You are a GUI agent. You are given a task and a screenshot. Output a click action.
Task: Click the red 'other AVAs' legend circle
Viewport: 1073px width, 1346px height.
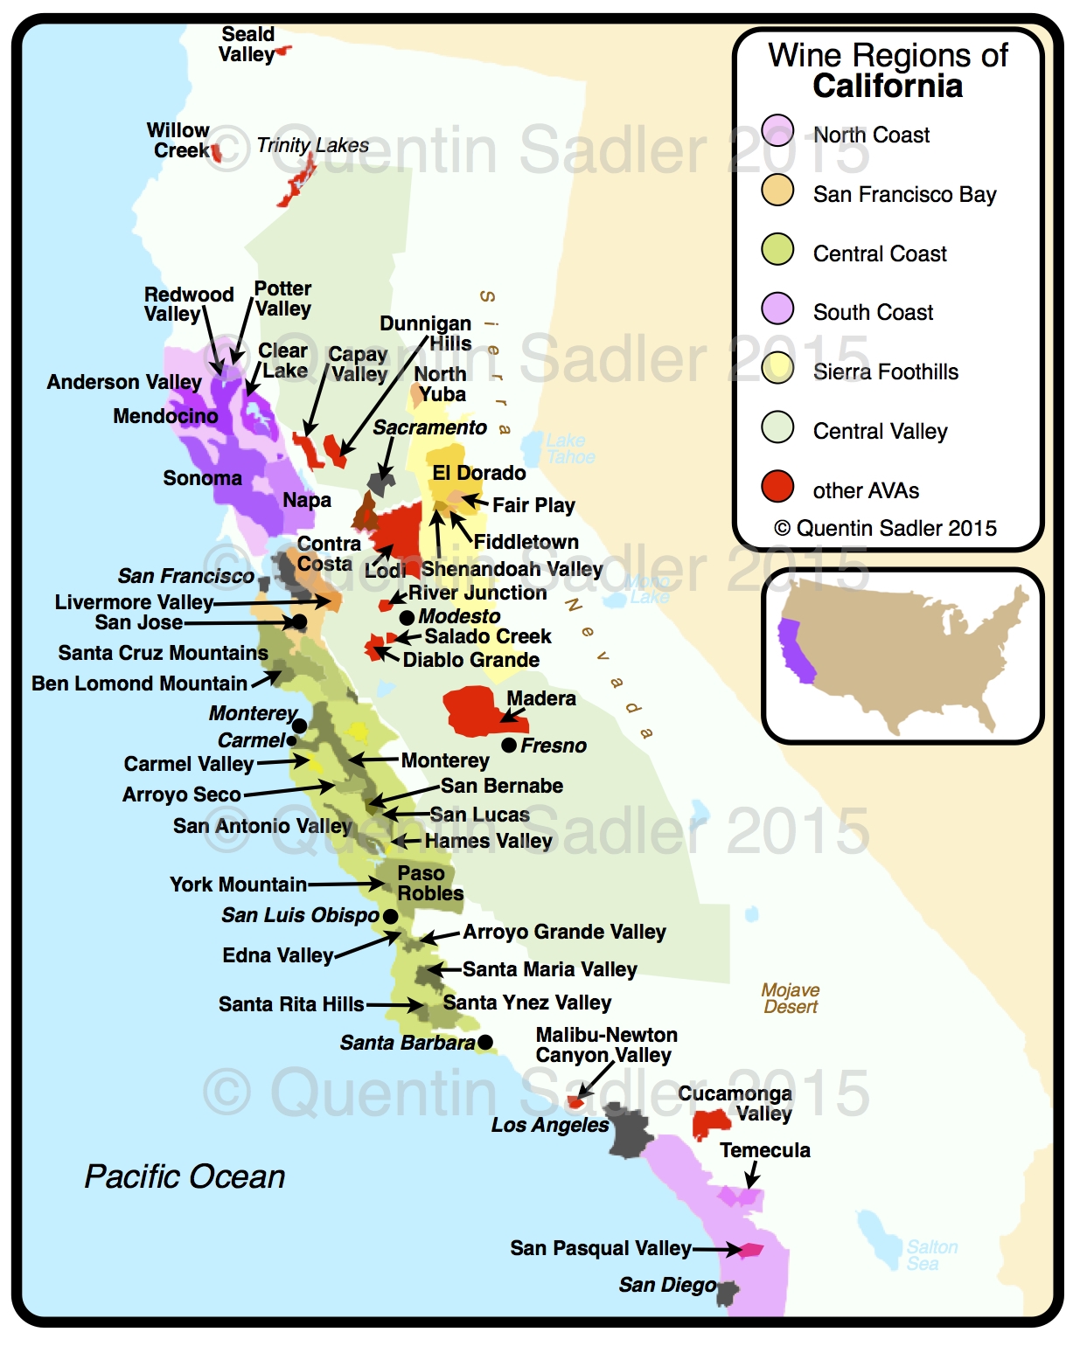(x=777, y=487)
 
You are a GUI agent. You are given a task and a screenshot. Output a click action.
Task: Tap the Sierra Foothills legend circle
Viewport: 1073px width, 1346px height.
(x=777, y=368)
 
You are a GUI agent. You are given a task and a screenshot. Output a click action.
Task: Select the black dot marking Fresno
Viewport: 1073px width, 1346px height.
(x=509, y=746)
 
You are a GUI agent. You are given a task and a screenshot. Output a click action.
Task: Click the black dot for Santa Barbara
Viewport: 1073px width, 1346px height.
(x=485, y=1042)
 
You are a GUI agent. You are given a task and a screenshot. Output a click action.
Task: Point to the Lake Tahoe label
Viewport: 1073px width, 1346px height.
(x=569, y=449)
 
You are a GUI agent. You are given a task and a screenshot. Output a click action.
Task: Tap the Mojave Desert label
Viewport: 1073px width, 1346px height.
(x=791, y=998)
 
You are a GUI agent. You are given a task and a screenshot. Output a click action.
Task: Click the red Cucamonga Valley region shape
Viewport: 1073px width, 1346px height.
(x=710, y=1124)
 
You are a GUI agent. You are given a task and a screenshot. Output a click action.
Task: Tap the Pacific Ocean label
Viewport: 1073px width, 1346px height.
(x=185, y=1176)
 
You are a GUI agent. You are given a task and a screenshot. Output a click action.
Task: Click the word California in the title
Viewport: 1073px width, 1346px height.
(x=887, y=87)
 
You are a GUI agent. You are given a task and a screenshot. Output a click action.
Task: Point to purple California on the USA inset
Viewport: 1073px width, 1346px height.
(x=795, y=651)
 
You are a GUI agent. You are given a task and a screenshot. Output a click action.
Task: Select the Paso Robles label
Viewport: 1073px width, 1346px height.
(x=429, y=883)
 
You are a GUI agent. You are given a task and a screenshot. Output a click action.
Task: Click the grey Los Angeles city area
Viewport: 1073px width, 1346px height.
(x=630, y=1132)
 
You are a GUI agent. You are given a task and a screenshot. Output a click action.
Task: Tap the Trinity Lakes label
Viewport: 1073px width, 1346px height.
(x=312, y=145)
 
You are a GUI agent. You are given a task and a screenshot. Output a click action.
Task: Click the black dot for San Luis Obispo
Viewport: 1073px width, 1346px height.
(x=391, y=916)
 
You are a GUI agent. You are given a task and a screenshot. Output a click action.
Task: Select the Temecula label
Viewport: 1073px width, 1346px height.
(x=764, y=1150)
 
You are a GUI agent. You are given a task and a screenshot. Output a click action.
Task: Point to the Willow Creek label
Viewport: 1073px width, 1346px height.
(x=178, y=140)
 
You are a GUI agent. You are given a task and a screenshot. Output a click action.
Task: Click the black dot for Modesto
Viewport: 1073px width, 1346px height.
(x=407, y=617)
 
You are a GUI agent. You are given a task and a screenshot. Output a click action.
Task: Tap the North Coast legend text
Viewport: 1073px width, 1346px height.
(x=871, y=135)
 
